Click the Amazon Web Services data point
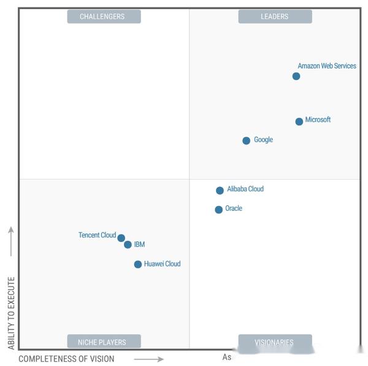296,76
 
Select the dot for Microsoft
299,121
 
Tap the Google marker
247,140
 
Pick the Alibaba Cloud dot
220,190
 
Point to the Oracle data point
219,210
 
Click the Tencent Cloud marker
121,238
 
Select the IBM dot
128,245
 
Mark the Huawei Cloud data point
138,264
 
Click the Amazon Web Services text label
327,66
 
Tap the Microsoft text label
318,120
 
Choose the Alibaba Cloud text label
245,189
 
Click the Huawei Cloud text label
163,264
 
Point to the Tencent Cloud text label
97,235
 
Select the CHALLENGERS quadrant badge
104,17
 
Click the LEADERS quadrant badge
275,17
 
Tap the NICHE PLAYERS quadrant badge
104,342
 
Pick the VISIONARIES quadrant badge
275,342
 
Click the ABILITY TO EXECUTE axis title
11,313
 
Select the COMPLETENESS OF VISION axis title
66,359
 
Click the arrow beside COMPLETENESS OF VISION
148,359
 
